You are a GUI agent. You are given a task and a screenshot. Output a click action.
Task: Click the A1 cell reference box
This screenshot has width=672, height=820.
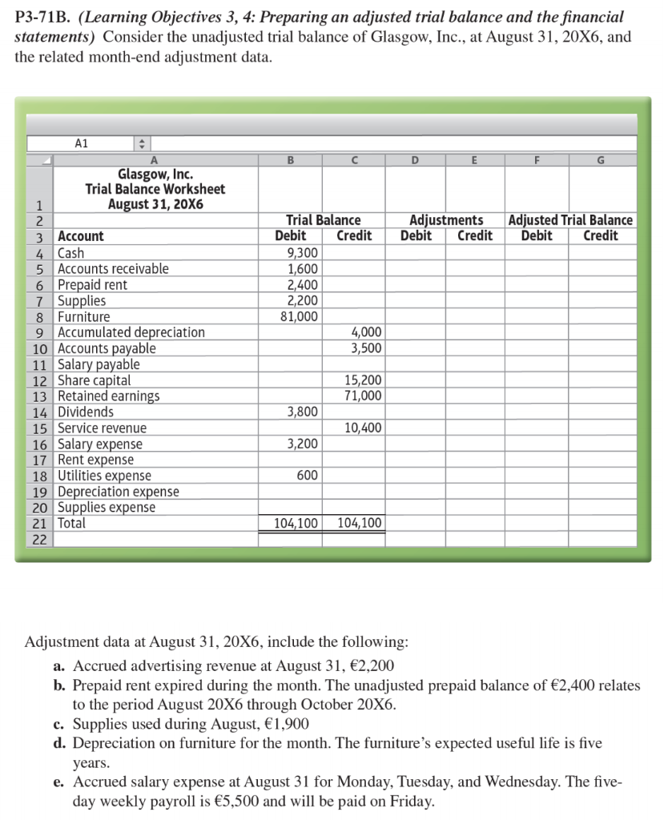[x=81, y=143]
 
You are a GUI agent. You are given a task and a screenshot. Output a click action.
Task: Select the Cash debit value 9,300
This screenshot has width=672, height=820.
[x=303, y=253]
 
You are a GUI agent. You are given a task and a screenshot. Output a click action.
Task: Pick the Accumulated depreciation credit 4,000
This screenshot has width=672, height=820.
[x=367, y=332]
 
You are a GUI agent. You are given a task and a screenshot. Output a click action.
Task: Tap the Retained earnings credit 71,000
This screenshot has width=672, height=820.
[x=364, y=396]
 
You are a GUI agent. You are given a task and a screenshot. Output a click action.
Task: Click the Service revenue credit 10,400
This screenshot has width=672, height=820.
[x=364, y=428]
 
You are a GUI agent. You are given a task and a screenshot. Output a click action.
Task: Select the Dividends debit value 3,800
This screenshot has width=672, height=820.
[x=303, y=412]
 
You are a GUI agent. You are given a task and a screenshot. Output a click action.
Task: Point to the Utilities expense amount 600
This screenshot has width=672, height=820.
[x=308, y=476]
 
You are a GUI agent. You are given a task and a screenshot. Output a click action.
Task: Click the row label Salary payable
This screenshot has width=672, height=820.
[x=99, y=364]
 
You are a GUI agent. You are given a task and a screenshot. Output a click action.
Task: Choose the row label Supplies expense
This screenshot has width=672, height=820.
[x=107, y=508]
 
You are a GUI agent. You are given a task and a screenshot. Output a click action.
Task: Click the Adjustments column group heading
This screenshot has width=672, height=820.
[x=446, y=220]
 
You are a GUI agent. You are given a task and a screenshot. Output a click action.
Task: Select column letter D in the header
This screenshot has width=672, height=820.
[x=415, y=159]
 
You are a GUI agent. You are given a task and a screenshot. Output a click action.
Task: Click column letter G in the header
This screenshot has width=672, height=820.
[x=602, y=159]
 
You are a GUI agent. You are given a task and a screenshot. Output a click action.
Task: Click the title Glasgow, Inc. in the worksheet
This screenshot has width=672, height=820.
[x=155, y=174]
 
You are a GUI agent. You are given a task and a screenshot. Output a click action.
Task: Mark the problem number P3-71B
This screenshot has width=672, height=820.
[x=41, y=17]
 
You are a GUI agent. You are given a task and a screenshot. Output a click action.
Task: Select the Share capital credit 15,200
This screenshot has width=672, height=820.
[x=364, y=380]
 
